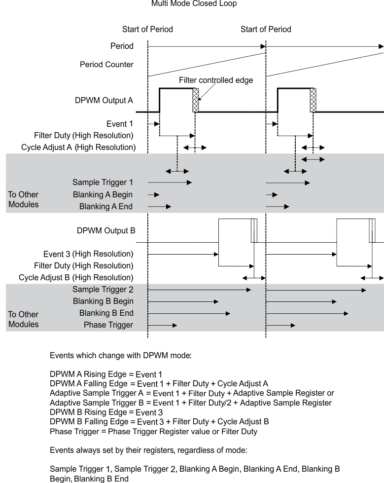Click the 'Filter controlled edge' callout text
pos(216,80)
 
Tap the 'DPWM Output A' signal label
pos(104,100)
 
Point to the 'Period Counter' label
pos(106,65)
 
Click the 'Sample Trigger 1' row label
pos(103,182)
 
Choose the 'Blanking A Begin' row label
pos(103,194)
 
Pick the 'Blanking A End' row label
pos(105,207)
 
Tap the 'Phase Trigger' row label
pos(108,324)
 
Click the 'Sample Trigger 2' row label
pos(103,289)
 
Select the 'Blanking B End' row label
pos(106,313)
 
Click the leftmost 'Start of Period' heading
pos(147,29)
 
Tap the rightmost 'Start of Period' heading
pos(266,29)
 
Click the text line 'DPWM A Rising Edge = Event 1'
pos(106,374)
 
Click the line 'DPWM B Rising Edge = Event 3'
pos(106,412)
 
